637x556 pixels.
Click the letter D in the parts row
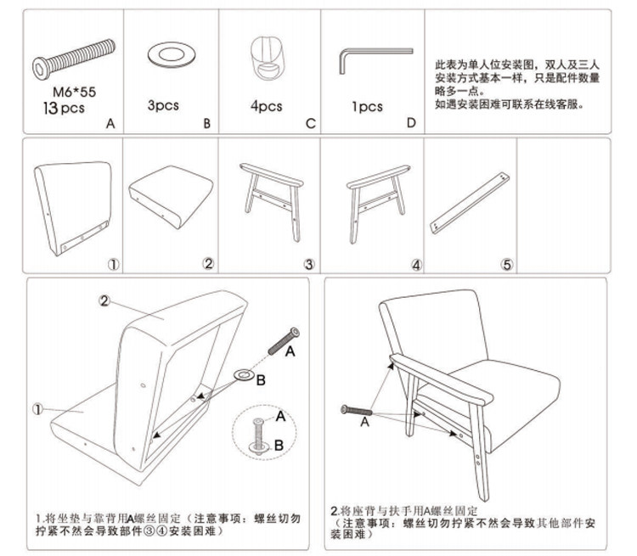pos(411,124)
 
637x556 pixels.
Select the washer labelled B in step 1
pos(242,374)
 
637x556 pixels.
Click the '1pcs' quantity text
pos(367,107)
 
